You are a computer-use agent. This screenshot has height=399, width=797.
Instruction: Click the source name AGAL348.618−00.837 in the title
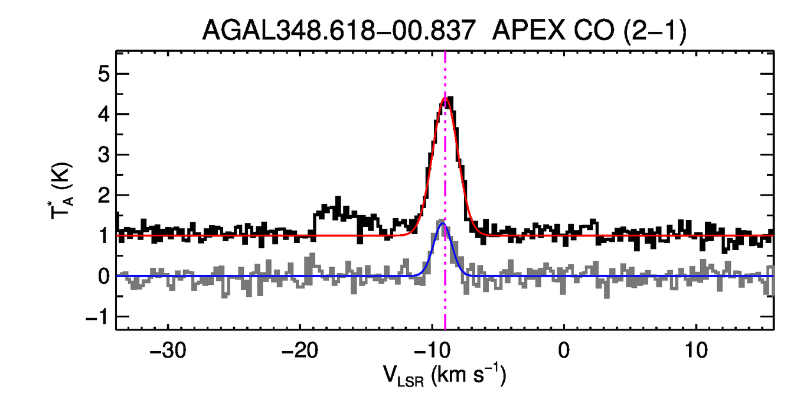339,30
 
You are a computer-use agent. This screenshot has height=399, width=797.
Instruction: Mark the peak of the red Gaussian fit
445,98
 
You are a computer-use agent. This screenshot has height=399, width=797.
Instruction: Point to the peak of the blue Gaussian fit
442,223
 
